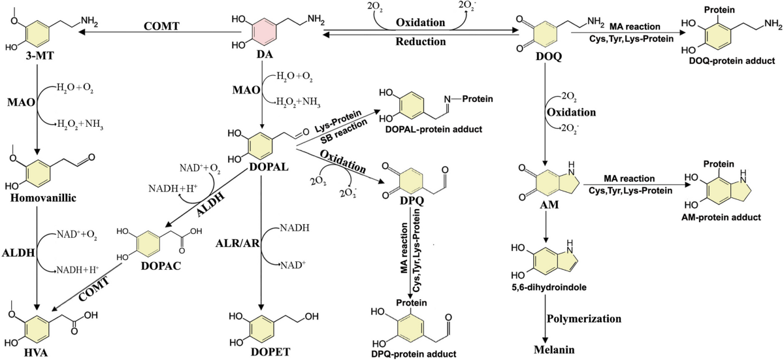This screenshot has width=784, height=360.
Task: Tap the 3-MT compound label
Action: [40, 56]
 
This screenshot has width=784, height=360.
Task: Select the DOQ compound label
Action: [548, 56]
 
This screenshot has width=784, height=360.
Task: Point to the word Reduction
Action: [420, 41]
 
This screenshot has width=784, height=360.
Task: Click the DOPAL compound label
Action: [269, 167]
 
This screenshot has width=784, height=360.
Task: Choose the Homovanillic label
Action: [43, 198]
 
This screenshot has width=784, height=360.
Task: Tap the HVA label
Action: [35, 352]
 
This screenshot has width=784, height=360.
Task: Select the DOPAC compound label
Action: [161, 266]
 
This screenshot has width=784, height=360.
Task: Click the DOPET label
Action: [270, 352]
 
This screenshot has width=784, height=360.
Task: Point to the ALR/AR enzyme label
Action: [238, 243]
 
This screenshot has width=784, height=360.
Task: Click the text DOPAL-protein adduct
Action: [433, 129]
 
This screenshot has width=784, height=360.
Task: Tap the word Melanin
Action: [554, 350]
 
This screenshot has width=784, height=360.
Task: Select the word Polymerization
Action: [584, 319]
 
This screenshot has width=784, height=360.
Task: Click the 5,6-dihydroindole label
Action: [548, 287]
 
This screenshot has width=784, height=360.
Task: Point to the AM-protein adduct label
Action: [721, 218]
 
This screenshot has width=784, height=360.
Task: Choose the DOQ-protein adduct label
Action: [732, 61]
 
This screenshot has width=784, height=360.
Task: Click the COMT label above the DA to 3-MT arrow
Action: [162, 26]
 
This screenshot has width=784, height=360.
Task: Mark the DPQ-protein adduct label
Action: [414, 354]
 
